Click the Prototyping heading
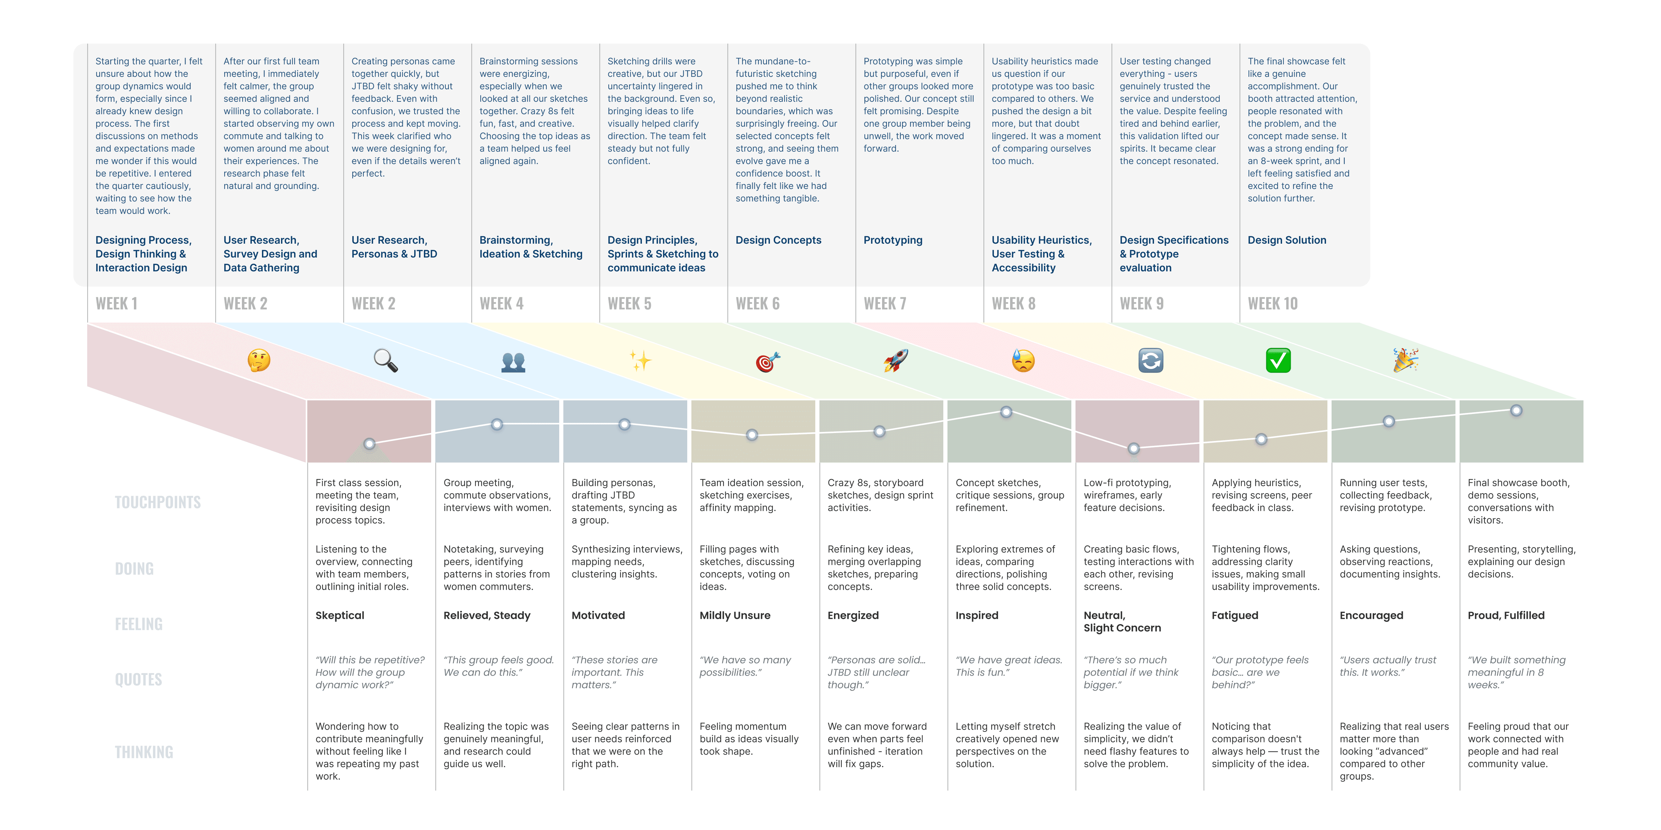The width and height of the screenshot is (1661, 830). coord(892,240)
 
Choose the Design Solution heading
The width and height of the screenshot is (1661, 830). coord(1286,240)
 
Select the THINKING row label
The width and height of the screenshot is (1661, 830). coord(144,752)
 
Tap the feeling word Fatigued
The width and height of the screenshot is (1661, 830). coord(1234,615)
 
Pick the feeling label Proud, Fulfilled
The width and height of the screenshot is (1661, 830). coord(1506,615)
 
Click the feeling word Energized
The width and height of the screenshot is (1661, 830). coord(852,615)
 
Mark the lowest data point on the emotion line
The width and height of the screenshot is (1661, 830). coord(1134,448)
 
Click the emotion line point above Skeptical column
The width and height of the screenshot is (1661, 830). coord(370,444)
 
